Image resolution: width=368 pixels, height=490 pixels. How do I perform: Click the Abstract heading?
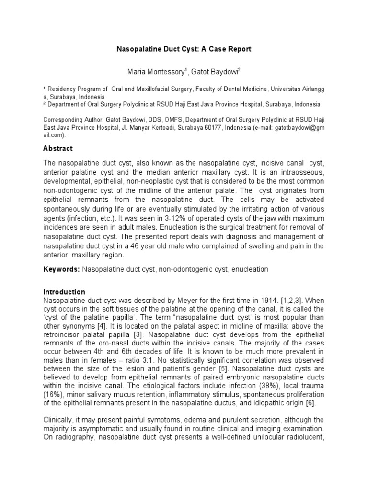(x=58, y=148)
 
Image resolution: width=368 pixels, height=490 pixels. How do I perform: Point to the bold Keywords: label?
(x=62, y=269)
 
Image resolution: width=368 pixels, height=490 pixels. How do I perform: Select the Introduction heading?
(x=64, y=292)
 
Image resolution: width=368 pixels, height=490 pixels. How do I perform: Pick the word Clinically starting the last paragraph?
(x=59, y=421)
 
